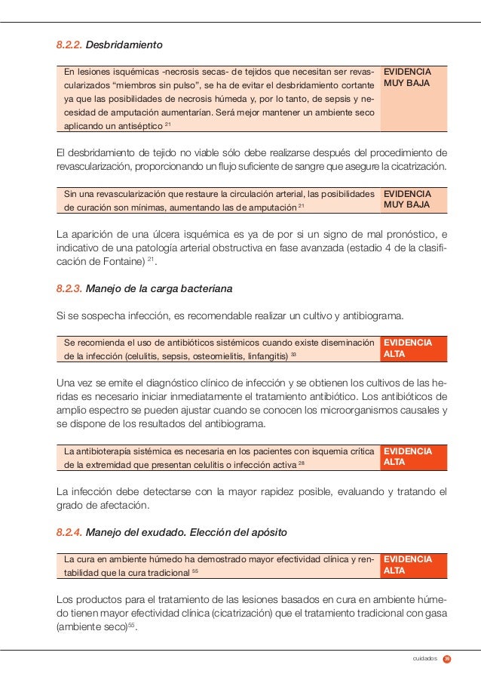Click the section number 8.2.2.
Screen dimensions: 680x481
pos(69,45)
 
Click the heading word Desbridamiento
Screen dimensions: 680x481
pos(125,45)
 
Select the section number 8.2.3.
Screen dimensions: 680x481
pos(69,288)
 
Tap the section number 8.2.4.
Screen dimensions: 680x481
pos(69,532)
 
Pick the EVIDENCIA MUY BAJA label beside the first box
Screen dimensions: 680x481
pos(407,78)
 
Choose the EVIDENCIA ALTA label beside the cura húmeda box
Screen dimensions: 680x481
pos(407,565)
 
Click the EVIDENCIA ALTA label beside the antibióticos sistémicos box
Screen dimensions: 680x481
pos(407,348)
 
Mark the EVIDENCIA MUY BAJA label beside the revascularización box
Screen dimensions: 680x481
pos(407,199)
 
